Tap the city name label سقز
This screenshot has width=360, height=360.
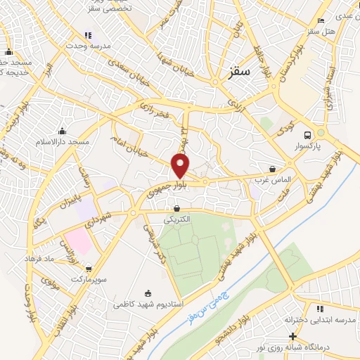pyautogui.click(x=240, y=72)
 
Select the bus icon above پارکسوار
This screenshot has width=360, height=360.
pyautogui.click(x=307, y=135)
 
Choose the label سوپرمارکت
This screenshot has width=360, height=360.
pyautogui.click(x=88, y=279)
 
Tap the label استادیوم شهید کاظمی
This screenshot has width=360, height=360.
pyautogui.click(x=148, y=305)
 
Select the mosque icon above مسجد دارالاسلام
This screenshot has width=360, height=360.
pyautogui.click(x=63, y=130)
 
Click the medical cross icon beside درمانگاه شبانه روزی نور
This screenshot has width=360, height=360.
pyautogui.click(x=292, y=336)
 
